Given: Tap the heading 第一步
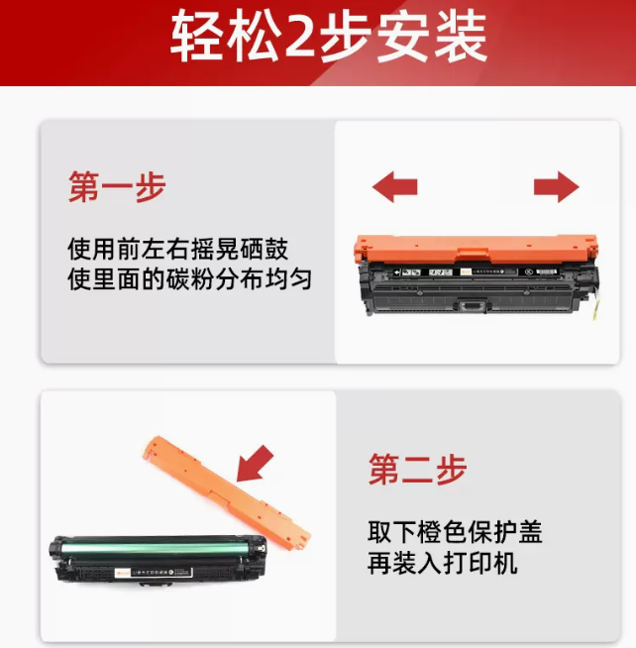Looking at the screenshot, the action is coord(117,187).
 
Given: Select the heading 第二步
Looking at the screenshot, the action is coord(417,470).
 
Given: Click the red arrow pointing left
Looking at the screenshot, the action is coord(395,187).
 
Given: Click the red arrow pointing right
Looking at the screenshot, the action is coord(556,187).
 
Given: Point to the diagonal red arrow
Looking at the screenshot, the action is coord(255,464).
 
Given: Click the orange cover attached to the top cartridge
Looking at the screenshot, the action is coord(477,249).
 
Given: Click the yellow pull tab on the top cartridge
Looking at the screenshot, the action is coord(593,307).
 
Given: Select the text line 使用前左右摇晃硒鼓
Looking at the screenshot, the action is coord(177,250).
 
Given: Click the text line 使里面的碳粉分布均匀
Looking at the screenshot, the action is coord(189,279).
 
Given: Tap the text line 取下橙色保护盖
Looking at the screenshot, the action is coord(455,532).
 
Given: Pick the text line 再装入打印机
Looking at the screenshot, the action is coord(443,563).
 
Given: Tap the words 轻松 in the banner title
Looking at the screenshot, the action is coord(226,37).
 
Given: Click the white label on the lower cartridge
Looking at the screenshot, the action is coord(154,573).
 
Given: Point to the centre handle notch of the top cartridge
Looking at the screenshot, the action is coord(474,306).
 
